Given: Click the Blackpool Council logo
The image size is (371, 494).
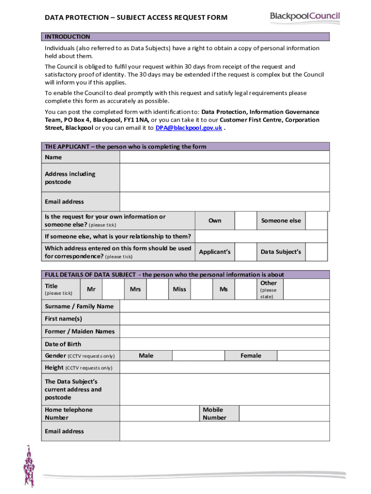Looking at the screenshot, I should (x=305, y=18).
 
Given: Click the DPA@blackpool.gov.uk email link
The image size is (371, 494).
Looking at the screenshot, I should (x=188, y=128).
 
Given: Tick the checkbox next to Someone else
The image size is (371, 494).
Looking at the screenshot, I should (x=316, y=220).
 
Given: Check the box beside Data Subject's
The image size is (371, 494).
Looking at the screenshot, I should (x=316, y=252).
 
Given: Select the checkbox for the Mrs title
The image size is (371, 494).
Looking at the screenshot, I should (x=157, y=289).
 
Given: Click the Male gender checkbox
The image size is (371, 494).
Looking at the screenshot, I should (x=198, y=356).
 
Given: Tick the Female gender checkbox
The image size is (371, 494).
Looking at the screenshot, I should (x=304, y=356).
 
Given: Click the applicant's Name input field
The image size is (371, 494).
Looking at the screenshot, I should (x=225, y=157).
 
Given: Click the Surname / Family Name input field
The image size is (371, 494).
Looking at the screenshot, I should (x=225, y=306).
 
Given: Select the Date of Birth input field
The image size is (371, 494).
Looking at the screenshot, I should (x=225, y=344).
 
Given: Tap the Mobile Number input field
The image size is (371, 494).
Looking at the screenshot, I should (x=284, y=413).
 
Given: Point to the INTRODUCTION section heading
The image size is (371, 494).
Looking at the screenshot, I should (x=67, y=37).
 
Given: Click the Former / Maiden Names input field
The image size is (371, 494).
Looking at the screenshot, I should (x=225, y=331).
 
